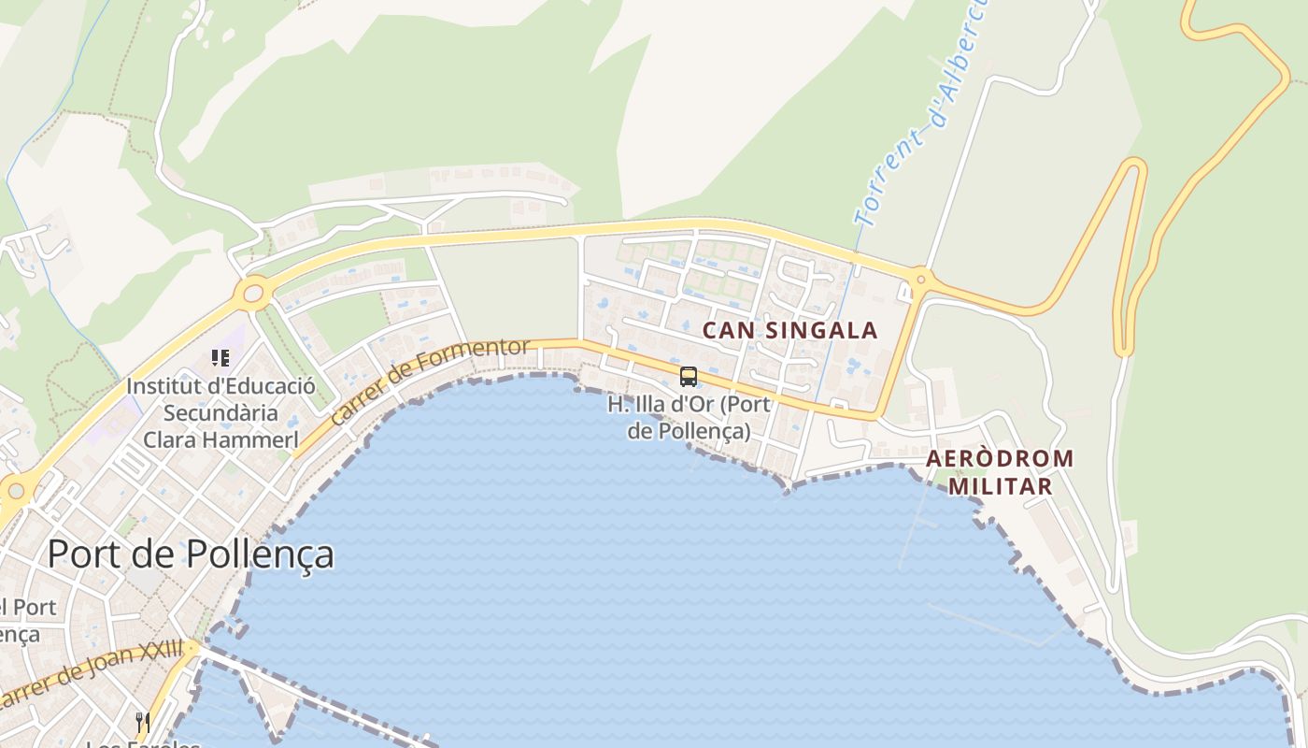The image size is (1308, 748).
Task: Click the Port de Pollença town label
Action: (x=191, y=554)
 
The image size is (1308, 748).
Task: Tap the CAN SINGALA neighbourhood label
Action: (x=789, y=330)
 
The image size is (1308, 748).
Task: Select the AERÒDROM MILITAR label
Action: (x=1000, y=472)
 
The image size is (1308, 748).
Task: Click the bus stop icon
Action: (x=689, y=377)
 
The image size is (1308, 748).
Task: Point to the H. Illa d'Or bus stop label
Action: (x=689, y=418)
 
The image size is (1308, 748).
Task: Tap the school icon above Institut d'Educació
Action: (x=220, y=357)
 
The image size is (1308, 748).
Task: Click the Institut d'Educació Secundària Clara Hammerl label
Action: (x=220, y=412)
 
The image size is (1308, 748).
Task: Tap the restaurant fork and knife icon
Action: (x=143, y=722)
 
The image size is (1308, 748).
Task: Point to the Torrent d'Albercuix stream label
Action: (x=920, y=112)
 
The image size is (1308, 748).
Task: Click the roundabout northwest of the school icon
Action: (x=253, y=294)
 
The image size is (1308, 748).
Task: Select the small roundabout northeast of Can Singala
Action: (x=921, y=278)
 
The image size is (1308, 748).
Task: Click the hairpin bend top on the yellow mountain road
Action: (x=1133, y=165)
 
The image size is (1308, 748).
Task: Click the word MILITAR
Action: (x=1000, y=486)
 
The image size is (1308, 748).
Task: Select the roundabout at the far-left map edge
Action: (x=15, y=489)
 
